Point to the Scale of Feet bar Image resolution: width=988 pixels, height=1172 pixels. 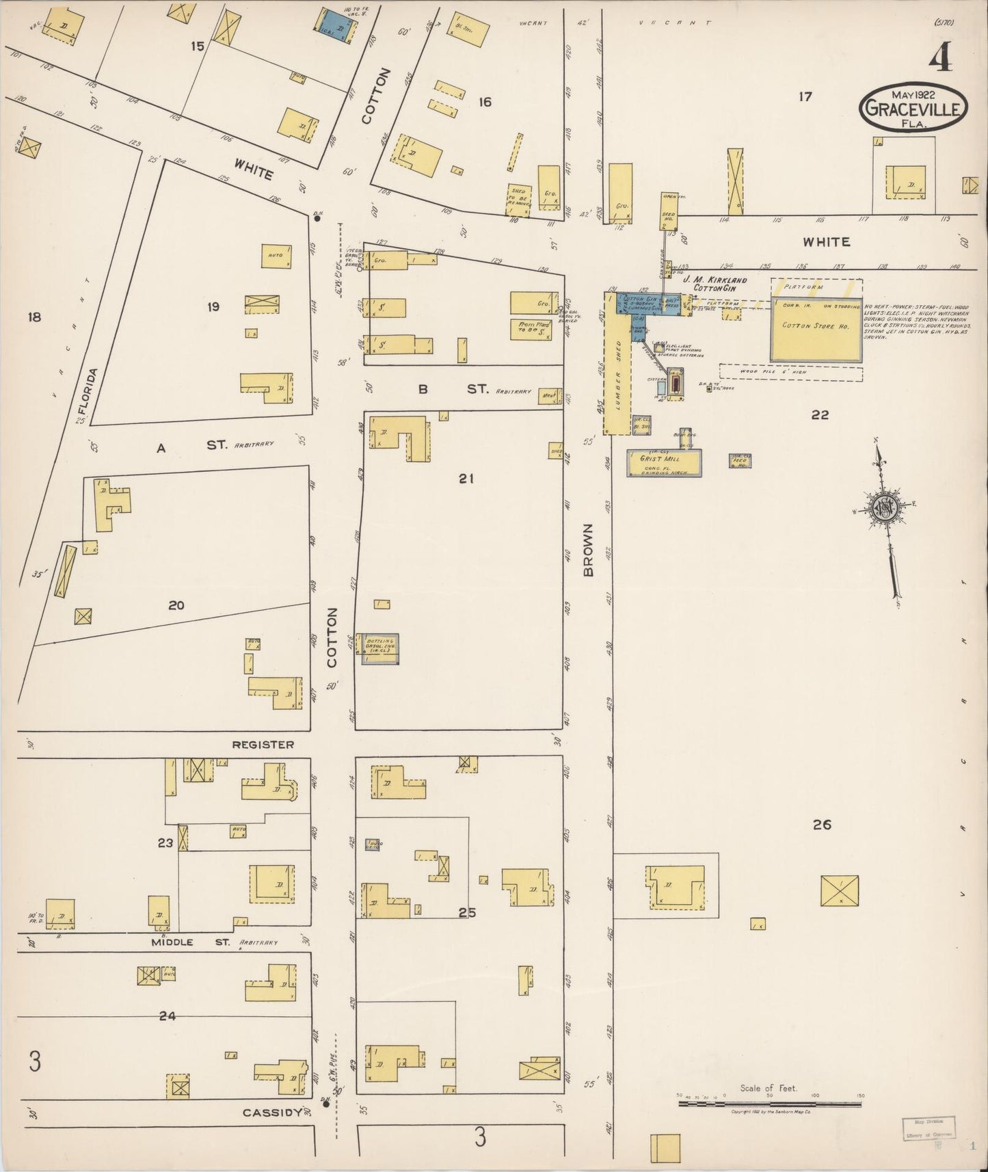pyautogui.click(x=769, y=1100)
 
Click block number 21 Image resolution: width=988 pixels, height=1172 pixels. pyautogui.click(x=466, y=479)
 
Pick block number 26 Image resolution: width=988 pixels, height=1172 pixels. pyautogui.click(x=821, y=825)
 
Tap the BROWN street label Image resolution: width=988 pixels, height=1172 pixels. pyautogui.click(x=589, y=551)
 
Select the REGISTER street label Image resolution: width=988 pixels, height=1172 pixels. pyautogui.click(x=263, y=744)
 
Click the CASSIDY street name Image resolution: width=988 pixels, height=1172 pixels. pyautogui.click(x=272, y=1113)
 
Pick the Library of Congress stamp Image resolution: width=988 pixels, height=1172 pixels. pyautogui.click(x=927, y=1128)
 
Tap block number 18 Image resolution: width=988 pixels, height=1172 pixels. pyautogui.click(x=34, y=317)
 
